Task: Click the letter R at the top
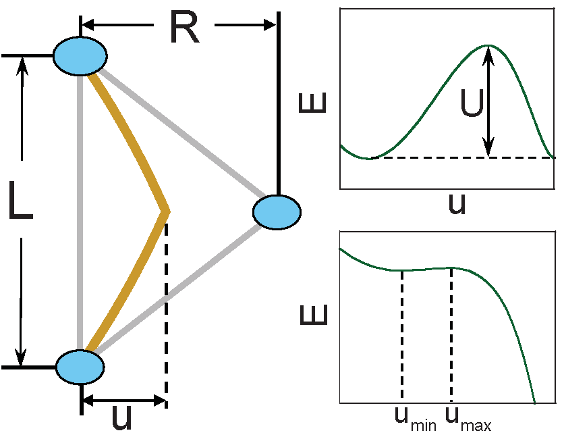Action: (184, 28)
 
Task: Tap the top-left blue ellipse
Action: (80, 55)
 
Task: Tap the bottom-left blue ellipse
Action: (80, 367)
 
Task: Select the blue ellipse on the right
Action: (277, 211)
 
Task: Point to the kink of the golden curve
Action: (167, 211)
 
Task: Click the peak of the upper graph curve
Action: (488, 46)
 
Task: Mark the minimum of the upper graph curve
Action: (368, 158)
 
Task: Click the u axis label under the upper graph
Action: (457, 203)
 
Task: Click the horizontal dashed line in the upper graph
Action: (459, 158)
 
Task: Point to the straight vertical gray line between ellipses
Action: (80, 209)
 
